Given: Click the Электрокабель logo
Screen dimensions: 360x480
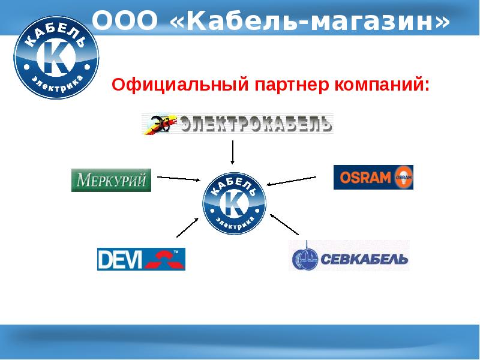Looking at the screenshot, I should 237,124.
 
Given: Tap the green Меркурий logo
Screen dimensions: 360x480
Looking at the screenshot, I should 111,180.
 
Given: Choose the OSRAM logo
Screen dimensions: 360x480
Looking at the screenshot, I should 373,177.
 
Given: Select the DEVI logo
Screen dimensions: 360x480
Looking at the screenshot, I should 141,259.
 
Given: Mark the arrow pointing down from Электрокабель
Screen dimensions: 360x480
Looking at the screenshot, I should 233,152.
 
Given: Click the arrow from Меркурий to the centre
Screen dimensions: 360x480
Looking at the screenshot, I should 178,178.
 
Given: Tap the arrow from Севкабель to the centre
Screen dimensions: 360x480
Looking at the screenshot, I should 284,223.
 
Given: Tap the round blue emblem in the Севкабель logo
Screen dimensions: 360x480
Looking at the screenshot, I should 304,258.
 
